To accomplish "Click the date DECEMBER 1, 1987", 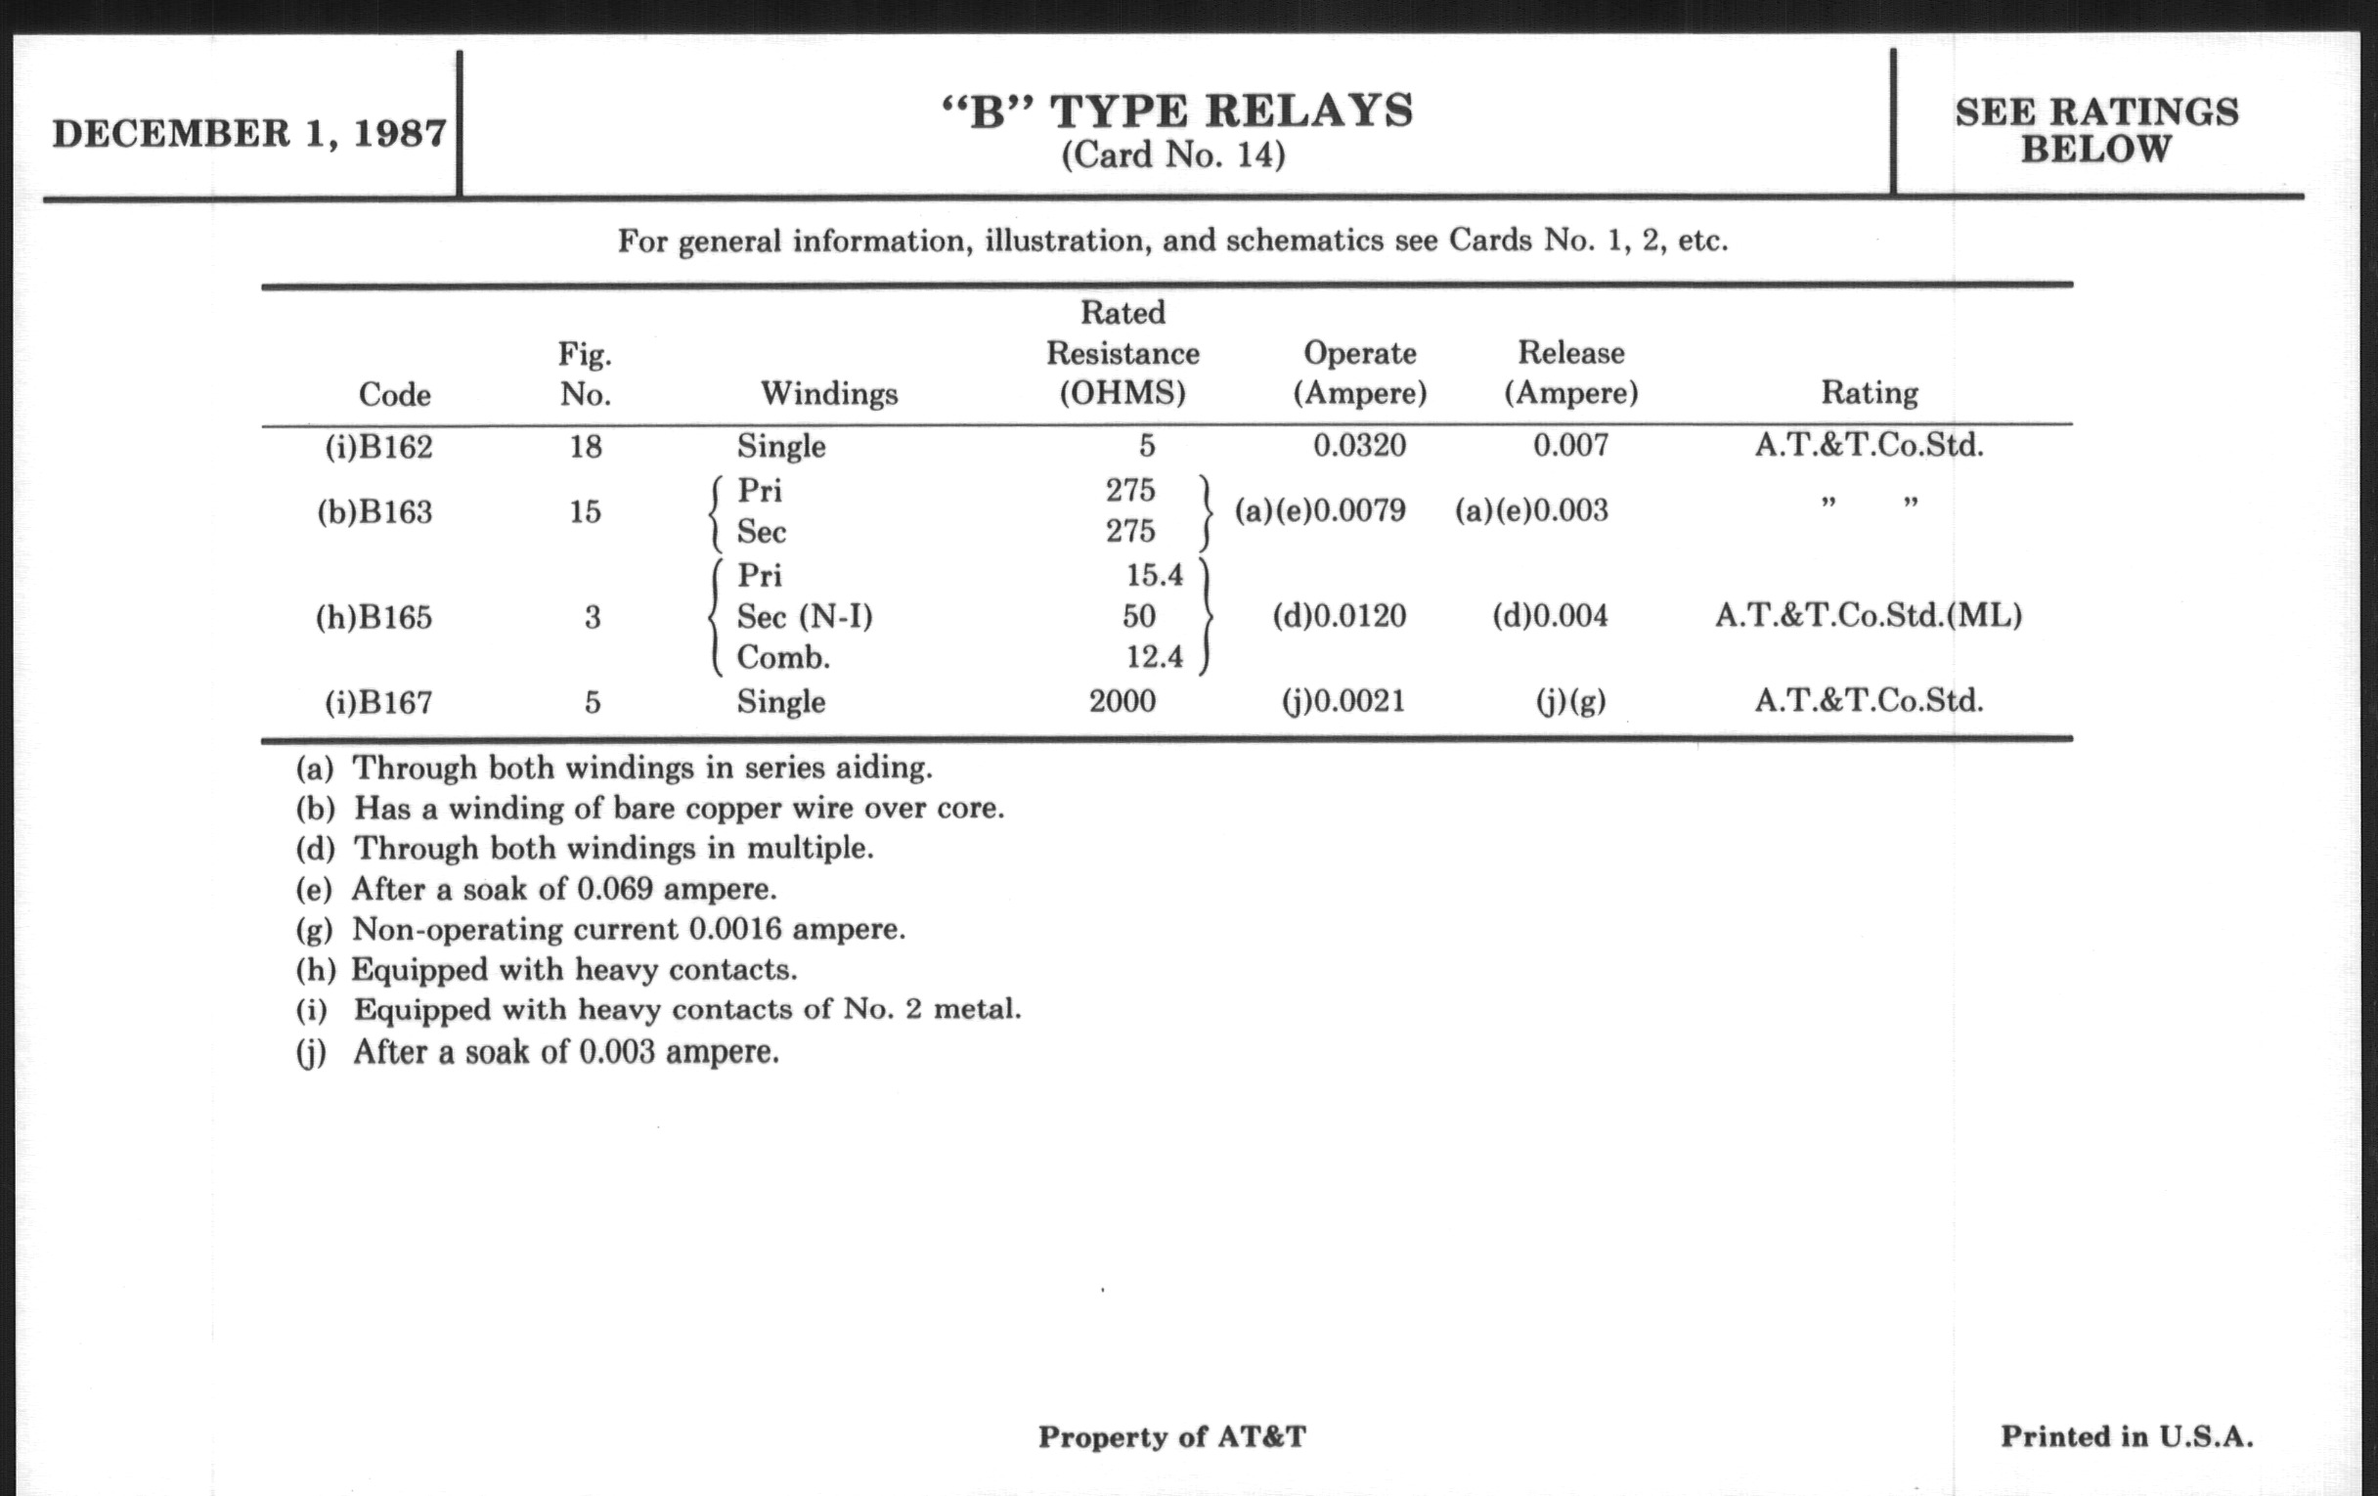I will coord(249,133).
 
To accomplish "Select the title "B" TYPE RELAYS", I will coord(1176,110).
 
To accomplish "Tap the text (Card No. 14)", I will coord(1173,155).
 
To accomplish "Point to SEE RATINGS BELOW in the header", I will coord(2095,130).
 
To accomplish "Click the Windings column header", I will coord(828,394).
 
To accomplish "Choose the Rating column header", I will coord(1869,393).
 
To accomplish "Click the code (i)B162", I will coord(379,446).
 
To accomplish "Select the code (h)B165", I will coord(374,617).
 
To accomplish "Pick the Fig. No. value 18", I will coord(585,446).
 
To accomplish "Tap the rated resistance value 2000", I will coord(1122,701).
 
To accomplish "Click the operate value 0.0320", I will coord(1359,445).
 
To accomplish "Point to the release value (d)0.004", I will coord(1550,616).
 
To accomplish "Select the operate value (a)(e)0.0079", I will coord(1319,510).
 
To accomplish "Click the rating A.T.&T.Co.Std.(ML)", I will coord(1868,615).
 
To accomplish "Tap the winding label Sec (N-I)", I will coord(804,616).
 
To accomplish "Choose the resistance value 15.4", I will coord(1154,575).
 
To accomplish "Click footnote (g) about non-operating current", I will coord(600,929).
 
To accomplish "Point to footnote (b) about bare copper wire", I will coord(650,808).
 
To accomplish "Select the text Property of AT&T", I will coord(1171,1436).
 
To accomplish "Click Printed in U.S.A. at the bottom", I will coord(2126,1435).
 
